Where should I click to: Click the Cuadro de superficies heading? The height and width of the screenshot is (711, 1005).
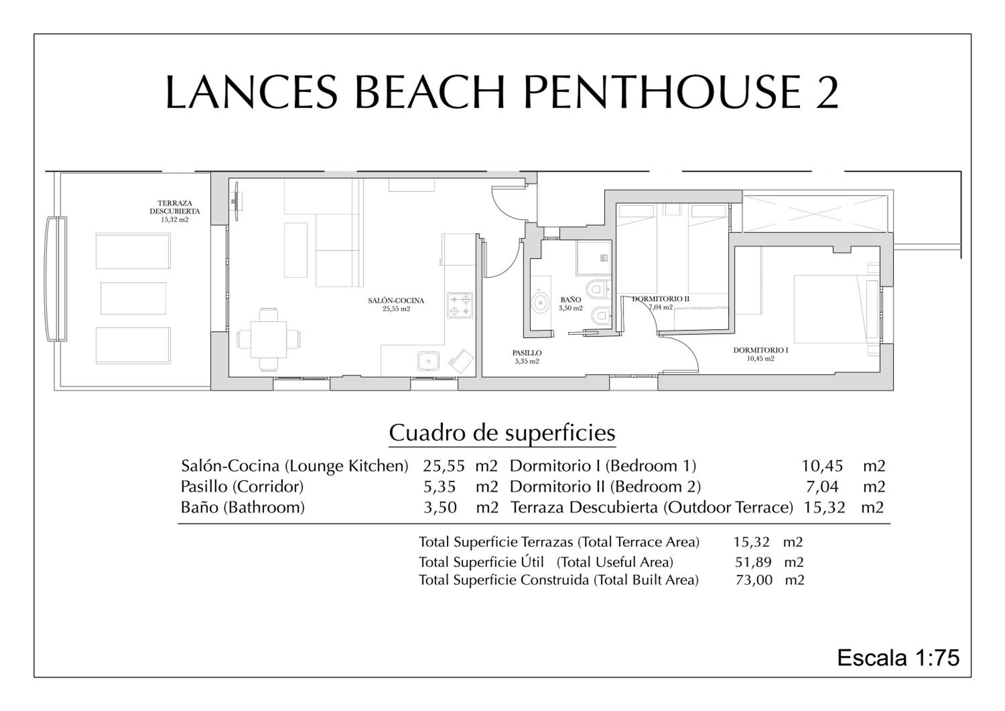pyautogui.click(x=502, y=433)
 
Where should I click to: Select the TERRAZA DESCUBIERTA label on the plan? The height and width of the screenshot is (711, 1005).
pyautogui.click(x=175, y=207)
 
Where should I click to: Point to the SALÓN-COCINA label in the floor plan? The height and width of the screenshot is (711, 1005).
pyautogui.click(x=396, y=300)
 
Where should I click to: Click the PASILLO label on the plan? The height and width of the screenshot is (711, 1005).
pyautogui.click(x=527, y=353)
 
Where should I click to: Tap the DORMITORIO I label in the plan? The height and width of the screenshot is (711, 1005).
pyautogui.click(x=761, y=350)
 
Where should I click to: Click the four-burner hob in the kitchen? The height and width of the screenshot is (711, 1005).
pyautogui.click(x=460, y=306)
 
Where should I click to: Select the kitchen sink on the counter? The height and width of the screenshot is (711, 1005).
pyautogui.click(x=428, y=362)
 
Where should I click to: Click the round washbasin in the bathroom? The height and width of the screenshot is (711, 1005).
pyautogui.click(x=541, y=303)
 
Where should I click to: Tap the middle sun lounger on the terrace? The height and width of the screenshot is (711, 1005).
pyautogui.click(x=133, y=298)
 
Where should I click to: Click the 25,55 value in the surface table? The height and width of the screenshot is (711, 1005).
pyautogui.click(x=444, y=466)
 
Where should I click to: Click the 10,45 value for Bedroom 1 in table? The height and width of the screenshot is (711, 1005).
pyautogui.click(x=822, y=466)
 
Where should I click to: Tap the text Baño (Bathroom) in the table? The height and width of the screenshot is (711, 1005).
pyautogui.click(x=243, y=507)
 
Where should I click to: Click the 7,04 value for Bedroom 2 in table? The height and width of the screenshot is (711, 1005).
pyautogui.click(x=822, y=487)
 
